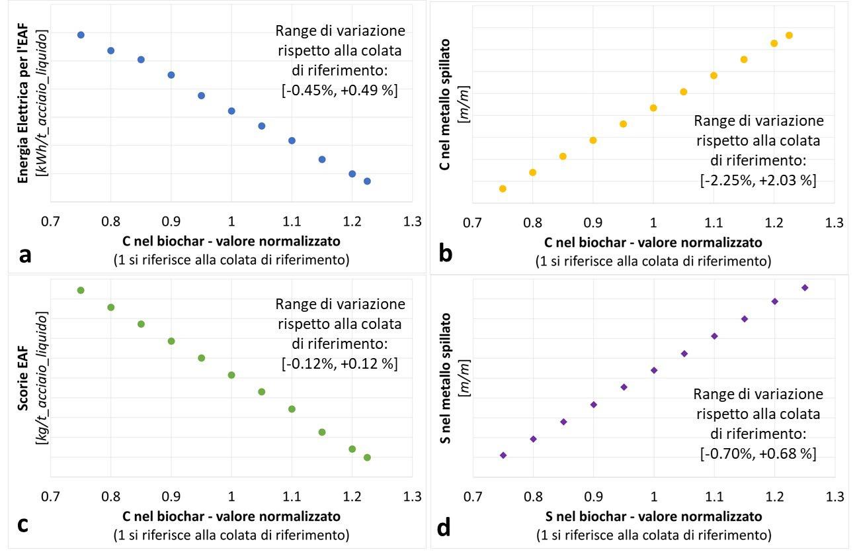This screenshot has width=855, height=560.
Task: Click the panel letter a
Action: pyautogui.click(x=24, y=254)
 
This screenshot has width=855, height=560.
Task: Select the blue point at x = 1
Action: pyautogui.click(x=231, y=111)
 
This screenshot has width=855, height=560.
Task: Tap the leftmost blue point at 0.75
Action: pyautogui.click(x=81, y=35)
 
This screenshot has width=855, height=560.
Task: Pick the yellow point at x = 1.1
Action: pyautogui.click(x=713, y=75)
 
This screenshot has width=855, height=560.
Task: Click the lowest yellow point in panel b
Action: pyautogui.click(x=503, y=189)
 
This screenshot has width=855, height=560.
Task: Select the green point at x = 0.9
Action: pyautogui.click(x=171, y=341)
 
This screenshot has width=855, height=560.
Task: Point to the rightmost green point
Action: pyautogui.click(x=367, y=457)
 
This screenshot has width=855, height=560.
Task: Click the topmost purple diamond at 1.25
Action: pyautogui.click(x=805, y=287)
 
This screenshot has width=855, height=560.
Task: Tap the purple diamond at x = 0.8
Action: pyautogui.click(x=533, y=439)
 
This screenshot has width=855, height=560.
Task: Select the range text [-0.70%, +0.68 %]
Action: pyautogui.click(x=758, y=454)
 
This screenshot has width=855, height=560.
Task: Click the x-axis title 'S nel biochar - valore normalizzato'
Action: pyautogui.click(x=653, y=516)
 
